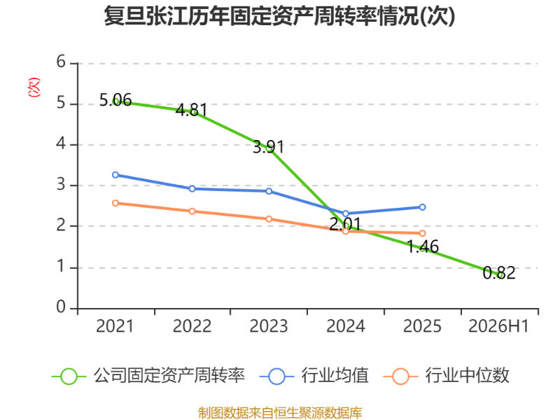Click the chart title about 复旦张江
(279, 16)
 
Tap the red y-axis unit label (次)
(34, 87)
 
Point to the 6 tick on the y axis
(61, 62)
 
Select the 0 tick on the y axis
(61, 307)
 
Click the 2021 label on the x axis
(115, 326)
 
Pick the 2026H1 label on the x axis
(498, 326)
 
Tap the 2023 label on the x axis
(269, 326)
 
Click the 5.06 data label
(115, 100)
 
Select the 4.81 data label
(192, 110)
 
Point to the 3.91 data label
(269, 147)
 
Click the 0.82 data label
(499, 273)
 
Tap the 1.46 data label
(423, 247)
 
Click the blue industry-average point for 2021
(115, 175)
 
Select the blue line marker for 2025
(422, 207)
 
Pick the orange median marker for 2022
(192, 211)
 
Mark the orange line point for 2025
(422, 233)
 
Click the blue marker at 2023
(269, 191)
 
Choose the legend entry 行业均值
(314, 376)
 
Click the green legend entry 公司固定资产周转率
(148, 376)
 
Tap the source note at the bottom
(280, 413)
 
